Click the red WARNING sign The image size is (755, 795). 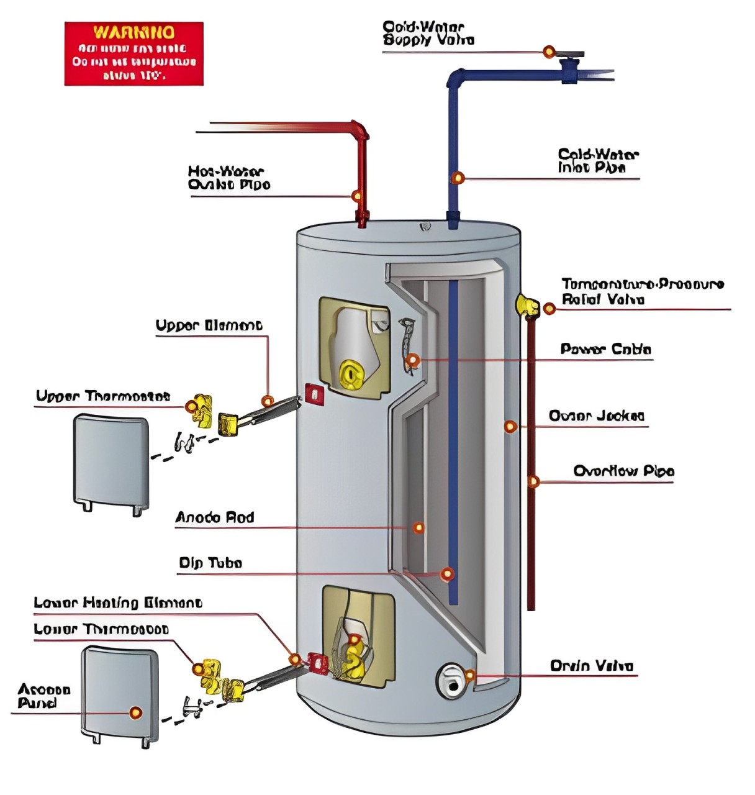(x=133, y=54)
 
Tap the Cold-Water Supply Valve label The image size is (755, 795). (x=428, y=34)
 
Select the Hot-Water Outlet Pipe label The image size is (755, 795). (x=228, y=178)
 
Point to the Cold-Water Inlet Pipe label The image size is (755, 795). (x=597, y=161)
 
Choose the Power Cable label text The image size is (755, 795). (x=605, y=349)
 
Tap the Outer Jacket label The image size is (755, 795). (x=596, y=416)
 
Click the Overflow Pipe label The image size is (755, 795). (x=623, y=471)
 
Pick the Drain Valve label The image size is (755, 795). (x=591, y=666)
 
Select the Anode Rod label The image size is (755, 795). (x=214, y=517)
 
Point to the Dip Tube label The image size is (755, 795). (x=210, y=563)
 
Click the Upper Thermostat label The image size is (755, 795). (x=102, y=396)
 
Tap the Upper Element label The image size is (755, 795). (x=209, y=325)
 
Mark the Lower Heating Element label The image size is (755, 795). (x=117, y=602)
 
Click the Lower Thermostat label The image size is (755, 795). (x=101, y=629)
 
